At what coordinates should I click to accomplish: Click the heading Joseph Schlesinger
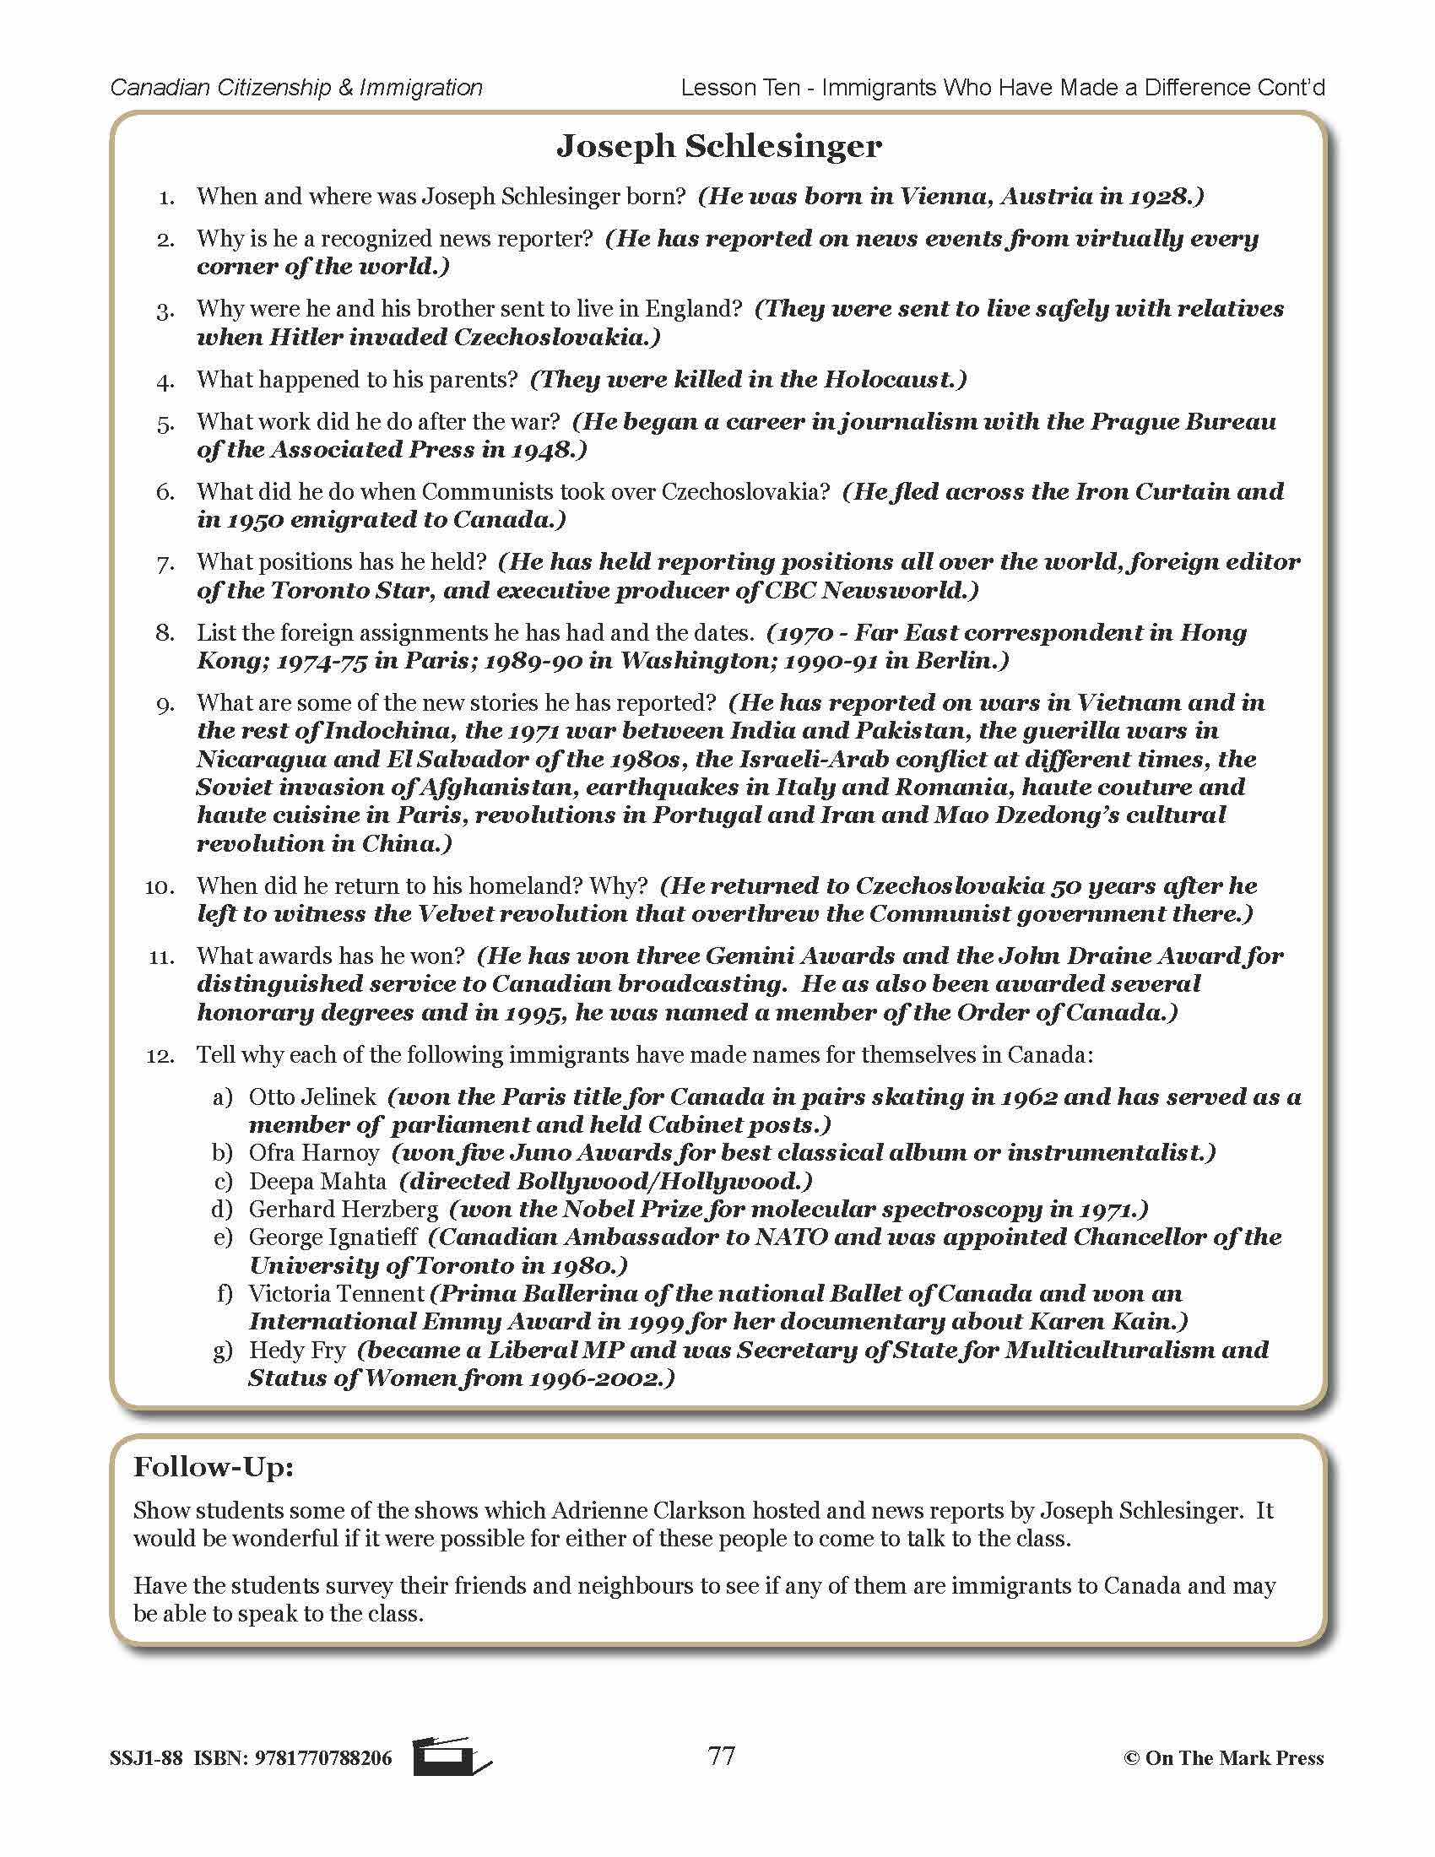pos(718,147)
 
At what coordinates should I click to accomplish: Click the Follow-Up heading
pos(214,1467)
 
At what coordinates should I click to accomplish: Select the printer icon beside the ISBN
pos(452,1757)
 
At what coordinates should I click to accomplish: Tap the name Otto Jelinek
pos(312,1096)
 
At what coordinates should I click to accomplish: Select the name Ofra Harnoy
pos(314,1153)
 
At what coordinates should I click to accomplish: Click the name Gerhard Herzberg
pos(344,1209)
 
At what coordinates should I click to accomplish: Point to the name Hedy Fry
pos(296,1351)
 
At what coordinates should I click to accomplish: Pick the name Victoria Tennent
pos(336,1294)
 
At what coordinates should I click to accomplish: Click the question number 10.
pos(160,887)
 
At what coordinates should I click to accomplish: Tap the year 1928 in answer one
pos(1162,197)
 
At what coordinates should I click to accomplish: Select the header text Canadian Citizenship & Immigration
pos(296,88)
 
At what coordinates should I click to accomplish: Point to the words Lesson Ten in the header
pos(740,88)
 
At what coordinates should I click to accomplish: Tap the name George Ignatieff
pos(333,1237)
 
